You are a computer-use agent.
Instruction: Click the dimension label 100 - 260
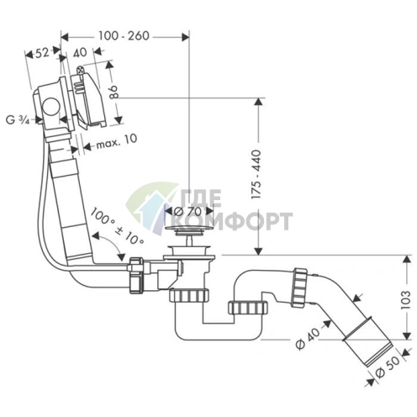tap(124, 36)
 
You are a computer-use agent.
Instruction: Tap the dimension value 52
tap(43, 53)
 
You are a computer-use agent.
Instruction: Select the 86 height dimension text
tap(114, 92)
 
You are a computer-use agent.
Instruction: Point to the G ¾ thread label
tap(18, 120)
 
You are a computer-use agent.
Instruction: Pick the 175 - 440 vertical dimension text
tap(256, 175)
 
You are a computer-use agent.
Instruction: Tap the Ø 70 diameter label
tap(187, 211)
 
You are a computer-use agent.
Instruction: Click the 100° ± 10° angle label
tap(117, 226)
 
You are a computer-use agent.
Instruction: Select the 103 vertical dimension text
tap(405, 300)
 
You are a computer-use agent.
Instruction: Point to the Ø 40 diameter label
tap(308, 339)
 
